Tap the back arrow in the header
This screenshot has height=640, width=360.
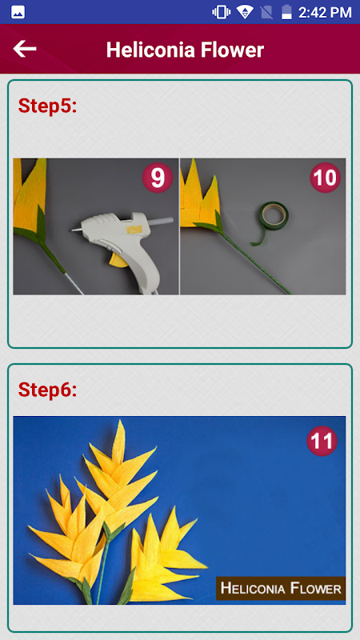25,49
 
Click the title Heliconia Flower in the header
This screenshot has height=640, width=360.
185,50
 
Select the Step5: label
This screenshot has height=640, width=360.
47,106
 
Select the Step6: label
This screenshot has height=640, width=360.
47,390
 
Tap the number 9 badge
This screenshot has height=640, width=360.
157,178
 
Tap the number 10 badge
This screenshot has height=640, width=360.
326,178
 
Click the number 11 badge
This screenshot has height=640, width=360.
322,441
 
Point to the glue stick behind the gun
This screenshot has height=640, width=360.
162,222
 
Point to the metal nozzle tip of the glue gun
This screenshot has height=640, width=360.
76,230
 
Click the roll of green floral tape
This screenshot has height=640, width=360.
274,215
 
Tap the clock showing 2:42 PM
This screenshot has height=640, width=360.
325,12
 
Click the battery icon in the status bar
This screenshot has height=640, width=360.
287,12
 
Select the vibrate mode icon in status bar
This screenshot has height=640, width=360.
221,12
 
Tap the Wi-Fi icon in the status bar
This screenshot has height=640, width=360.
245,12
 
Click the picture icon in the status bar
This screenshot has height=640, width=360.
18,12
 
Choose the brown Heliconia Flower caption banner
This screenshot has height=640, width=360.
281,588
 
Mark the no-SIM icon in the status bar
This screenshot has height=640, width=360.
266,12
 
